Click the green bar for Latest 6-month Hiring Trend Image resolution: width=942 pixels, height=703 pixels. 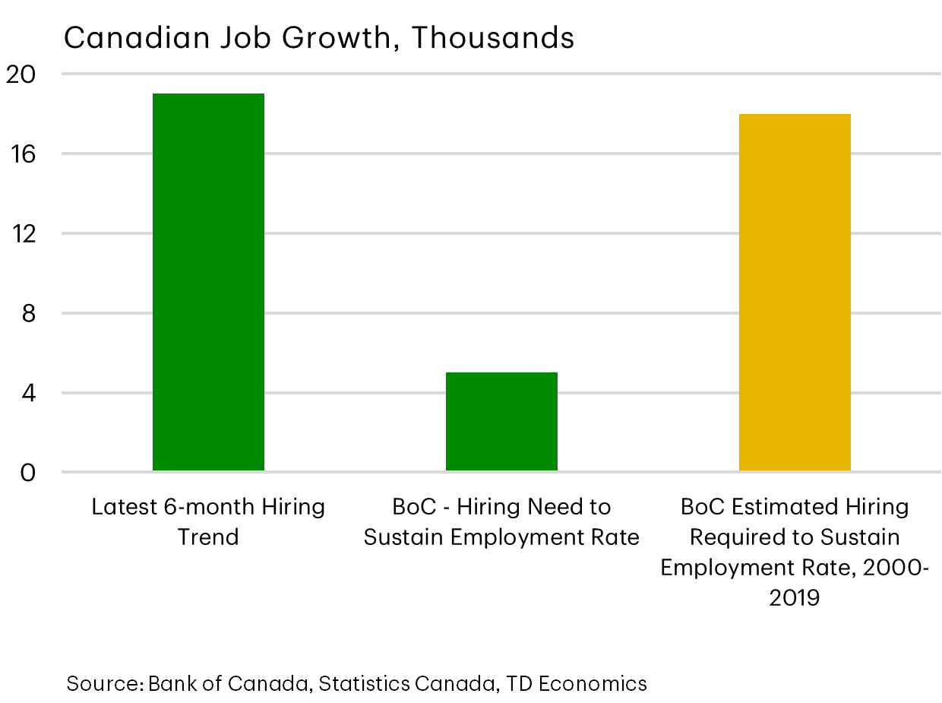tap(208, 281)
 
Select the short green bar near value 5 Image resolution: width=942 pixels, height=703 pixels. tap(501, 422)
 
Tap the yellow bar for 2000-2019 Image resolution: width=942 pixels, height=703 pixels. tap(795, 293)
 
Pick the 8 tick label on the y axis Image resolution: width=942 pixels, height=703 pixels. tap(29, 314)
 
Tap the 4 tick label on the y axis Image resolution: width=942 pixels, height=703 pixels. tap(29, 394)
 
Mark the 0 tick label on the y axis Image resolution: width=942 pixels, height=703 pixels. tap(29, 473)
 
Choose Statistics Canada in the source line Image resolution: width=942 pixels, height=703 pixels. tap(406, 683)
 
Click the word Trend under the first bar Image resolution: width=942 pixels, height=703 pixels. tap(208, 537)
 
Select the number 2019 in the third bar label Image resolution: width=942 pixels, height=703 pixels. tap(795, 598)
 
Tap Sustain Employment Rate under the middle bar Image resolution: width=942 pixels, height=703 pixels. tap(501, 537)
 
